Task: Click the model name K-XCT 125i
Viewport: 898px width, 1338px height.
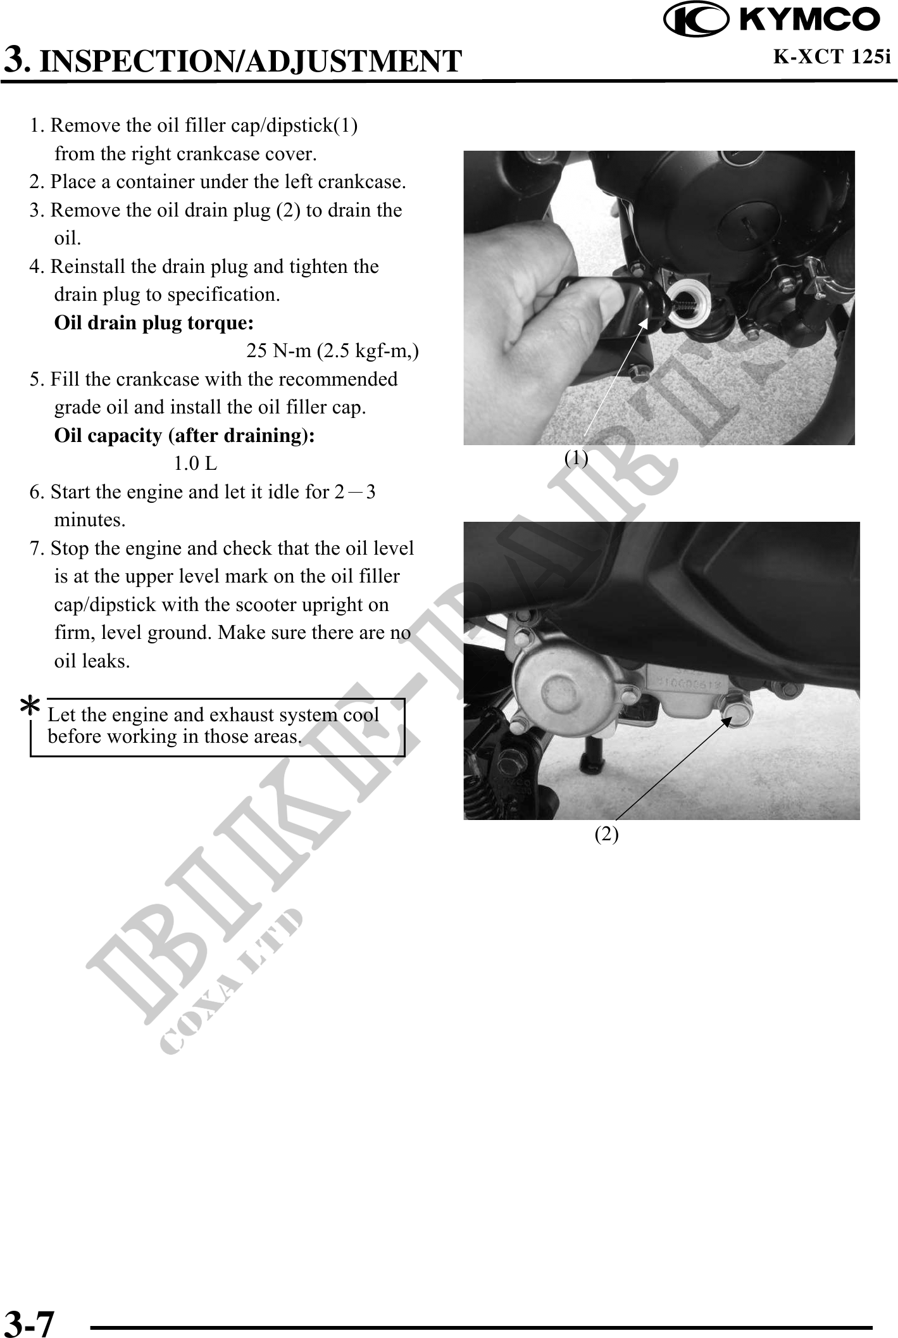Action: pyautogui.click(x=832, y=57)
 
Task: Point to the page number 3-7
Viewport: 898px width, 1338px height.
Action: pyautogui.click(x=30, y=1322)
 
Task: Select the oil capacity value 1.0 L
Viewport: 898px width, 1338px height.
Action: pyautogui.click(x=195, y=464)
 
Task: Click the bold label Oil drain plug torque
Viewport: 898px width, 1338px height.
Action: pyautogui.click(x=154, y=323)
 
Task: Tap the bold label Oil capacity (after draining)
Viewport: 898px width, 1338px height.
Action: pyautogui.click(x=184, y=436)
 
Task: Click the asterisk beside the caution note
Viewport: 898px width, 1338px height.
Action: pyautogui.click(x=30, y=705)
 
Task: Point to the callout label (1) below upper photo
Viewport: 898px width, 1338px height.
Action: pyautogui.click(x=576, y=457)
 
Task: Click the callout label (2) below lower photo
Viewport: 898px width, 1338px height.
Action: pyautogui.click(x=606, y=834)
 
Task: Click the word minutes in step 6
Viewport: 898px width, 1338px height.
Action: pyautogui.click(x=90, y=520)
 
